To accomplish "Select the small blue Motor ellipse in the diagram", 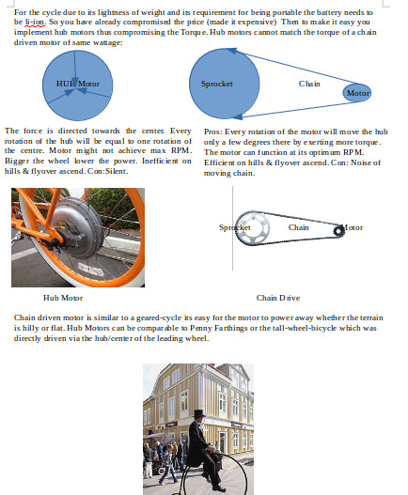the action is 357,93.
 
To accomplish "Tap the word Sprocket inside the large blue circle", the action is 217,84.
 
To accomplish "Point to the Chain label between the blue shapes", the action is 309,84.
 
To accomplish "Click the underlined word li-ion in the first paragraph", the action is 33,21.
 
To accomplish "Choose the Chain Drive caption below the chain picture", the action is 278,298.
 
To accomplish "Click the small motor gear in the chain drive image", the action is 338,228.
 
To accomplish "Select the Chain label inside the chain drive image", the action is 298,227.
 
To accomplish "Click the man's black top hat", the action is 198,414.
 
